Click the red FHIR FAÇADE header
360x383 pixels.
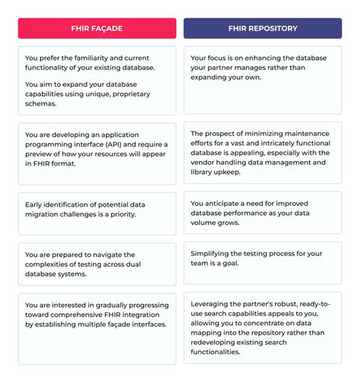click(96, 29)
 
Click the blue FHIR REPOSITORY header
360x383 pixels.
click(262, 29)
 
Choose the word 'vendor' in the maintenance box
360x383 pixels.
click(205, 162)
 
